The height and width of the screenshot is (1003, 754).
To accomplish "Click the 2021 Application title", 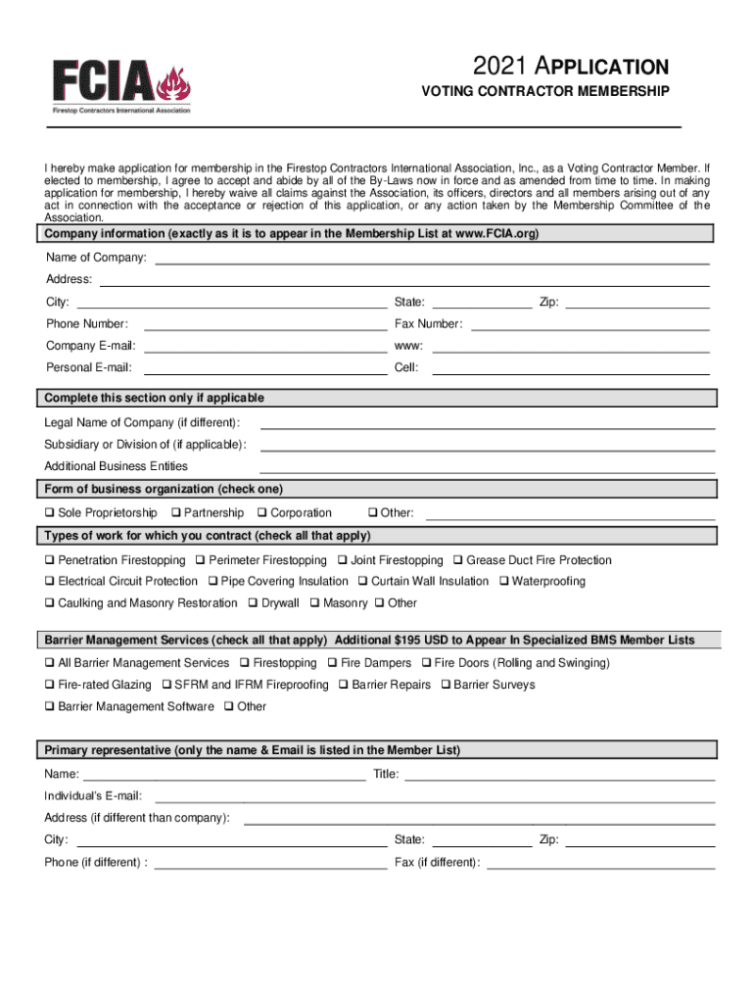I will tap(570, 67).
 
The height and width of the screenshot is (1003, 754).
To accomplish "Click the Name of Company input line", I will tap(432, 258).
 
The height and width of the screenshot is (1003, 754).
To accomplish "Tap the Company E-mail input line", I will tap(264, 346).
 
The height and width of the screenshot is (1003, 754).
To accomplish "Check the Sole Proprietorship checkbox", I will tap(48, 513).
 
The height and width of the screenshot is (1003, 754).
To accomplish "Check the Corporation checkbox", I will tap(261, 513).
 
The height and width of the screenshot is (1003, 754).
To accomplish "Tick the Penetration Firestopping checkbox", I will tap(48, 561).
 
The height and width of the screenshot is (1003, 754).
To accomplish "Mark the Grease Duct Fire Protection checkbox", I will tap(457, 561).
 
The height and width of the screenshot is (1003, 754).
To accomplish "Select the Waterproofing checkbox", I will tap(503, 582).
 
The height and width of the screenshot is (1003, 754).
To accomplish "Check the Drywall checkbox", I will tap(253, 603).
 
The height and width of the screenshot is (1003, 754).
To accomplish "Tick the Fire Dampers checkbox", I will tap(332, 664).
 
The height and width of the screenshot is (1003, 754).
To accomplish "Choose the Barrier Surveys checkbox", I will tap(446, 686).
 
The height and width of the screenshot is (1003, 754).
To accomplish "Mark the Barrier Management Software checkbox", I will tap(48, 707).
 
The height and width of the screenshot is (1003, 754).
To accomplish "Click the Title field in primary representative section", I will tap(559, 776).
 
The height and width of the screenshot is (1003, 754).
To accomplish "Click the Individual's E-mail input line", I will tap(434, 796).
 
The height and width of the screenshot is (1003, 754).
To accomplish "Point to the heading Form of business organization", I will tap(164, 489).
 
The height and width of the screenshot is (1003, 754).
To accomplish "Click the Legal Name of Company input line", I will tap(487, 423).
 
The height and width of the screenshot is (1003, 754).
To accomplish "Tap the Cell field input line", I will tap(570, 368).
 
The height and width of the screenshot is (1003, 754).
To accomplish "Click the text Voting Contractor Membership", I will tap(544, 92).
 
